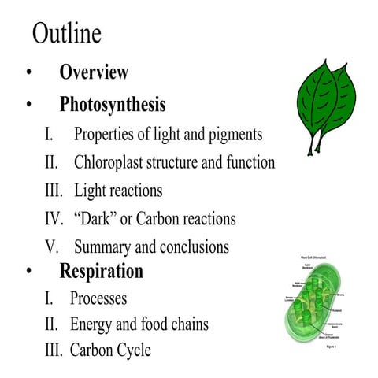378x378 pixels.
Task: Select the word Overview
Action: click(x=94, y=72)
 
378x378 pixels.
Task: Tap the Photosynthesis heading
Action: click(x=113, y=104)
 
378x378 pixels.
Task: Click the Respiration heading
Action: click(x=102, y=272)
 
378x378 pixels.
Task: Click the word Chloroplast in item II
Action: click(x=112, y=163)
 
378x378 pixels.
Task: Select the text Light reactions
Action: click(x=118, y=191)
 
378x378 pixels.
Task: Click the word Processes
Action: click(x=98, y=299)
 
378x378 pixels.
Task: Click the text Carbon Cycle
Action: click(x=109, y=350)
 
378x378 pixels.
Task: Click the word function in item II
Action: click(x=248, y=163)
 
